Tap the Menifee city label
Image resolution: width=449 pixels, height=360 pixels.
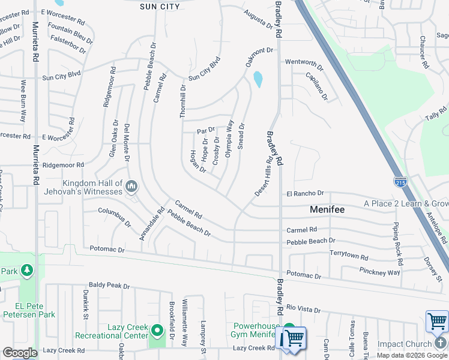pos(329,210)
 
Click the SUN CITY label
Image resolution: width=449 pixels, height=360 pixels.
pos(160,7)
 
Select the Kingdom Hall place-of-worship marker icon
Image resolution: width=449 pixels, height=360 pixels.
pos(131,188)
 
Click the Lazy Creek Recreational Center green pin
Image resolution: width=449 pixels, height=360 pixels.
pos(157,331)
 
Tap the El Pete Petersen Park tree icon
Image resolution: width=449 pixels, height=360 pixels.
pos(26,271)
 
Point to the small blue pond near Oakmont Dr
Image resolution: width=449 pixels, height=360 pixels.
pos(258,79)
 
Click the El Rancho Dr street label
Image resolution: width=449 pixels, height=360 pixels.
pos(305,194)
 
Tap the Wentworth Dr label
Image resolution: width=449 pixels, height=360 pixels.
pos(304,62)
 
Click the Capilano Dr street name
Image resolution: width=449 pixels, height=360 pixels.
pos(316,85)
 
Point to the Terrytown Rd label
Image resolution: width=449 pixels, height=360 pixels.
pos(349,256)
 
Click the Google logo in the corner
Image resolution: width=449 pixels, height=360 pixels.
pos(19,353)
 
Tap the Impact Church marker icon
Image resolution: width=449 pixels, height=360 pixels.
pos(442,343)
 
